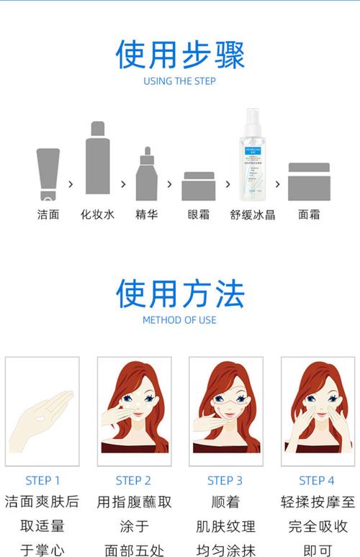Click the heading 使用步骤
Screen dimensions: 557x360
(x=180, y=55)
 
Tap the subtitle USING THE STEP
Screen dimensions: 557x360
(x=180, y=81)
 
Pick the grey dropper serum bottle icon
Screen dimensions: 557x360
(x=146, y=174)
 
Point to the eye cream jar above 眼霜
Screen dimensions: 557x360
(x=198, y=186)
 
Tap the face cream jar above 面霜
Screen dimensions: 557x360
(x=309, y=181)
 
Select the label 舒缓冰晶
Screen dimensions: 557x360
(x=253, y=214)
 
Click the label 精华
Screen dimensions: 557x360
(x=146, y=214)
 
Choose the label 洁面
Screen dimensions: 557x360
(x=48, y=214)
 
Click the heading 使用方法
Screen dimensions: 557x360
(x=180, y=293)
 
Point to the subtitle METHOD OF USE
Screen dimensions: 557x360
(x=180, y=320)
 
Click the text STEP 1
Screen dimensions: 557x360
(x=42, y=481)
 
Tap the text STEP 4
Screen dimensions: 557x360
(x=317, y=481)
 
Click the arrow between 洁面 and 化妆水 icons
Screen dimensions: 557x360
(x=71, y=184)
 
